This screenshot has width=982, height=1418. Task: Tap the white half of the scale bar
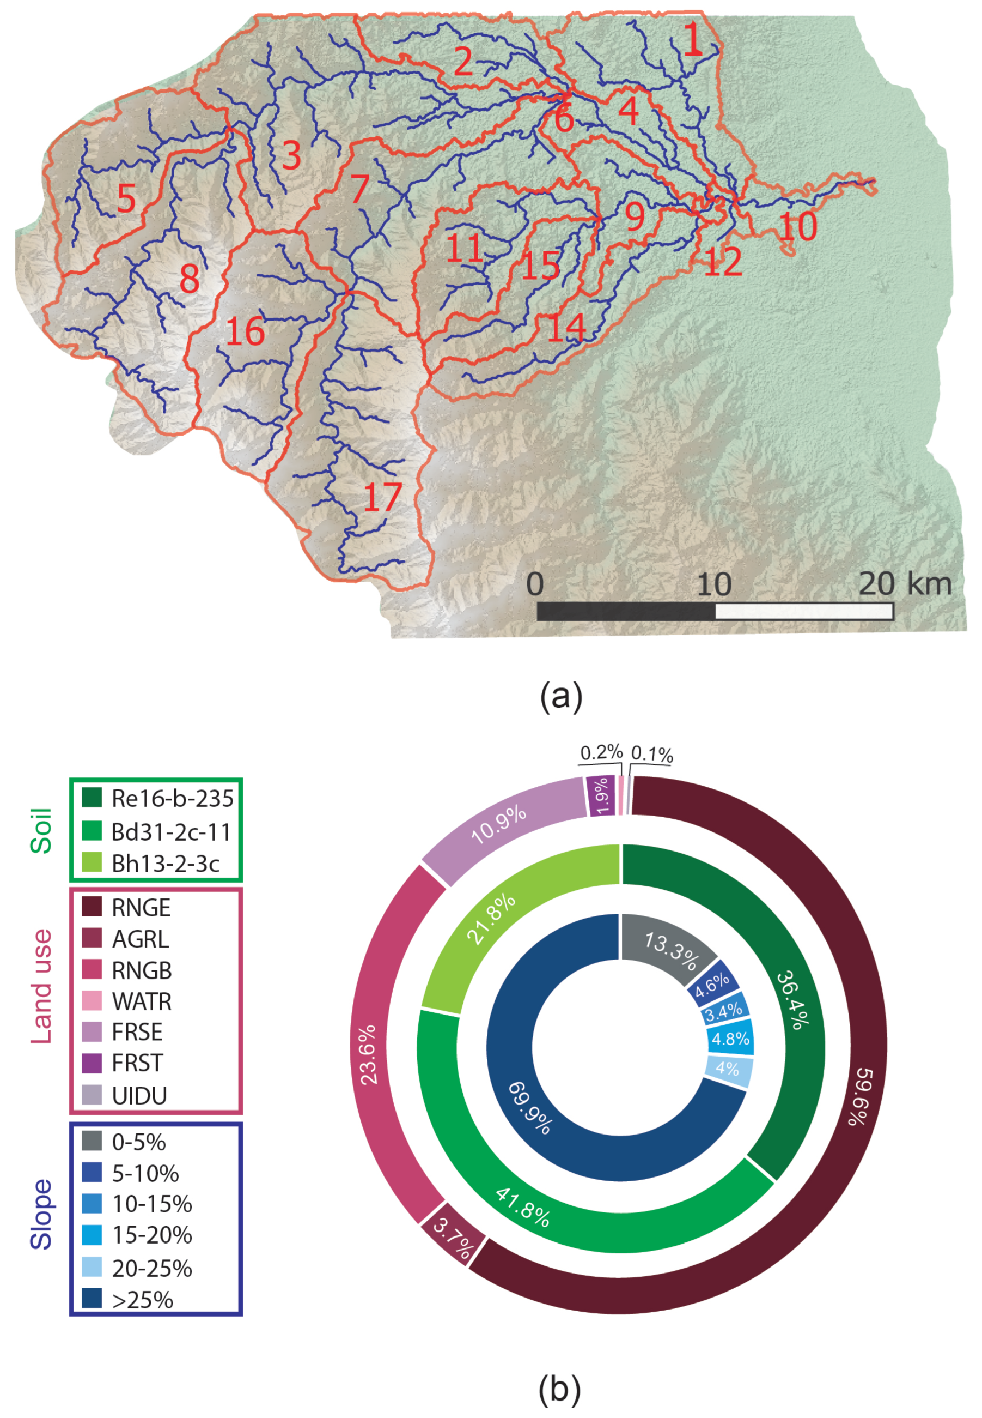point(803,611)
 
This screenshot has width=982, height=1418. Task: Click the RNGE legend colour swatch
point(92,907)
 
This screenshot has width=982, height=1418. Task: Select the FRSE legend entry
point(137,1032)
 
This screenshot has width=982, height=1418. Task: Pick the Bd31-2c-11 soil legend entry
point(170,832)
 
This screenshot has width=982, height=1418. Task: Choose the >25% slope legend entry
point(142,1300)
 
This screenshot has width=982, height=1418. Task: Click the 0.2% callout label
point(601,752)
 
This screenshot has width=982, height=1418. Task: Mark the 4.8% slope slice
point(730,1039)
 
